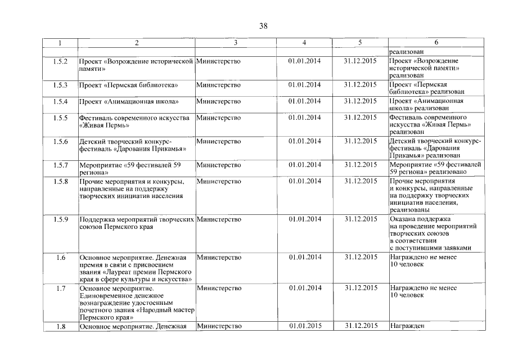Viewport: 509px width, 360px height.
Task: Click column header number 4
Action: click(x=304, y=43)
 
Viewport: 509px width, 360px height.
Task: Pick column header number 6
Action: click(x=436, y=43)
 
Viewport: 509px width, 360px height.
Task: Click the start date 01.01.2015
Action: click(x=304, y=326)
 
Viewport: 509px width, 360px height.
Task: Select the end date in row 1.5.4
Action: click(x=360, y=102)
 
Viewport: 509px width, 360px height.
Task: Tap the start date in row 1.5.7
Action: click(x=304, y=165)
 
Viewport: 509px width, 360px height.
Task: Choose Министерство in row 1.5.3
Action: click(x=218, y=85)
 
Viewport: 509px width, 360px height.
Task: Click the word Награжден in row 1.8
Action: click(x=406, y=326)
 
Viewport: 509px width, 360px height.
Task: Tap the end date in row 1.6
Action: click(x=360, y=258)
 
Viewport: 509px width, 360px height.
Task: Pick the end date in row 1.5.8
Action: click(x=360, y=181)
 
